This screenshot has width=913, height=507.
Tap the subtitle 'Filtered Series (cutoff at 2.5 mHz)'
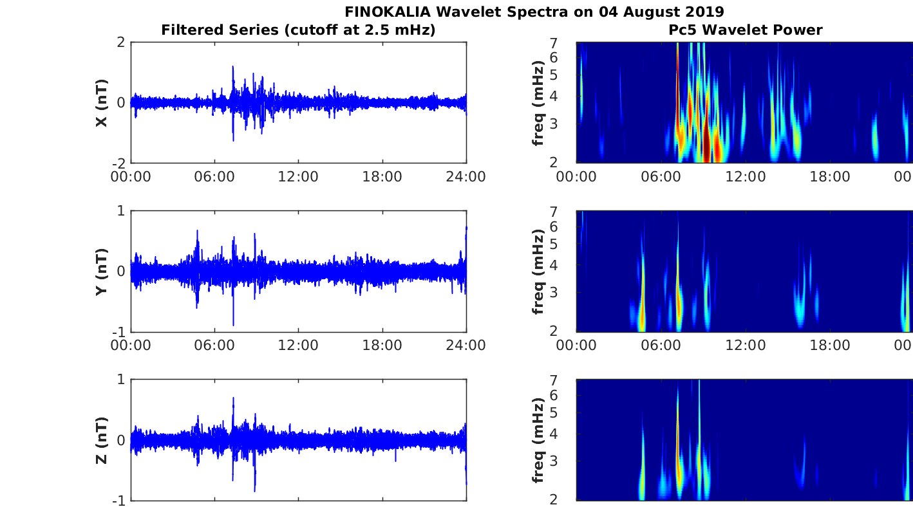tap(298, 30)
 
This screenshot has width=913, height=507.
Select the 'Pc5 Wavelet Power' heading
tap(745, 30)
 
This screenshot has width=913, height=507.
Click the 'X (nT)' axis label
tap(102, 103)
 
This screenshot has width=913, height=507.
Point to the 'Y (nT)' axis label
tap(102, 272)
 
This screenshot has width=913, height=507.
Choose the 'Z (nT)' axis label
tap(102, 440)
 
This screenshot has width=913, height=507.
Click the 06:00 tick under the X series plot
tap(214, 176)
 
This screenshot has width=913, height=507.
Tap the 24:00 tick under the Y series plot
tap(466, 345)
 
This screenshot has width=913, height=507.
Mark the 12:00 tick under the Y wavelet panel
tap(745, 345)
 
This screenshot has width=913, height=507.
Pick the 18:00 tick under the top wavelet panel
tap(829, 176)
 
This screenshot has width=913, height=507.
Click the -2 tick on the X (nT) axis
tap(118, 163)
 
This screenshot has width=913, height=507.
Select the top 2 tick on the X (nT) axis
tap(121, 42)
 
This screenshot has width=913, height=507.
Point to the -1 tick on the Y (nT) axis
tap(118, 331)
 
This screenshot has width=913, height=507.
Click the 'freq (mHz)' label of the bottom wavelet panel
tap(538, 440)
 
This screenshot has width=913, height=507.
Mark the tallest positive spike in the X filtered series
tap(232, 66)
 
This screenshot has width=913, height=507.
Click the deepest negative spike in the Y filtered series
tap(233, 325)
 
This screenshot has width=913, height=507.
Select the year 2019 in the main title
tap(706, 12)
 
